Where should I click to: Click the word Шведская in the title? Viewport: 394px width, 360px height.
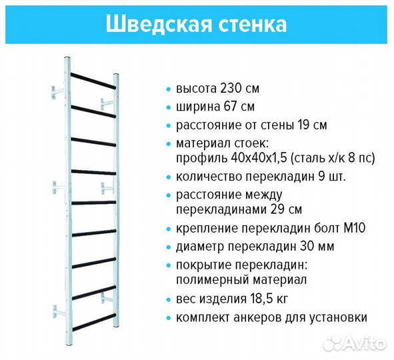(155, 24)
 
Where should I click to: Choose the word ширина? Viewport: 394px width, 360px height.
(197, 107)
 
